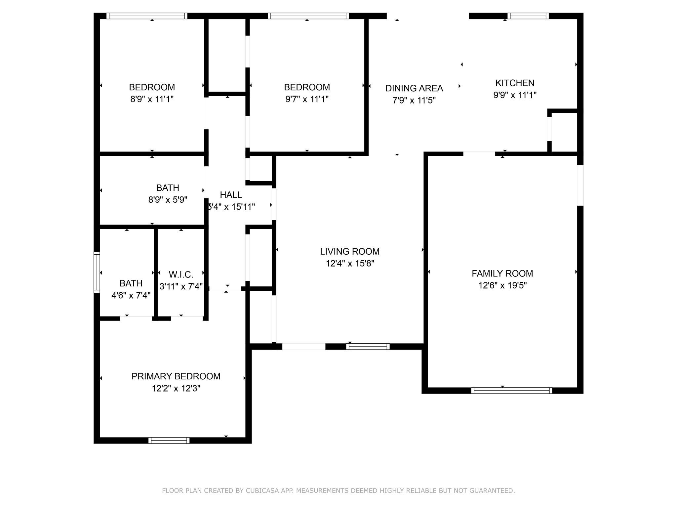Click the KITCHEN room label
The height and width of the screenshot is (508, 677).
[x=515, y=83]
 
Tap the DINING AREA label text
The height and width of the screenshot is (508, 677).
[x=414, y=88]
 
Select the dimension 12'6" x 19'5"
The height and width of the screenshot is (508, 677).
[x=502, y=285]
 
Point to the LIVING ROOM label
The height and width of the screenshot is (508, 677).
[x=349, y=252]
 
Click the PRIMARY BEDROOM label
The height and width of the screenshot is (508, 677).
[x=176, y=376]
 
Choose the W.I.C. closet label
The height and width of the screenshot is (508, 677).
[x=181, y=275]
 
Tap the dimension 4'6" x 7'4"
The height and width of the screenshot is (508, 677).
[x=131, y=295]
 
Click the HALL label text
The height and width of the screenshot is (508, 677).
[x=231, y=195]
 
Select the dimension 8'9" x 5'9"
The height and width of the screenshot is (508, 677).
[x=168, y=200]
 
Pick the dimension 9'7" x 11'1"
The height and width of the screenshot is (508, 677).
[x=307, y=99]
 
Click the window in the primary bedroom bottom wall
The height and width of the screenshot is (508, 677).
[x=169, y=441]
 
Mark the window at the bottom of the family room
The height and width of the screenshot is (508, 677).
[x=511, y=391]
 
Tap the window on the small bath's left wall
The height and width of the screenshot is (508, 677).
[x=97, y=272]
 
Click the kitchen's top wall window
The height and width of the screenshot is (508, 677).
[x=528, y=16]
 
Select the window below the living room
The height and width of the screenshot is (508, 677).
[x=368, y=347]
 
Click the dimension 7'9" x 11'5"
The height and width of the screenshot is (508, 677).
[x=414, y=100]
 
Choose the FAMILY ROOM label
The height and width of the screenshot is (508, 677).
[x=502, y=274]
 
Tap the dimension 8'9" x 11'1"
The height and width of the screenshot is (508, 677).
[x=152, y=99]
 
